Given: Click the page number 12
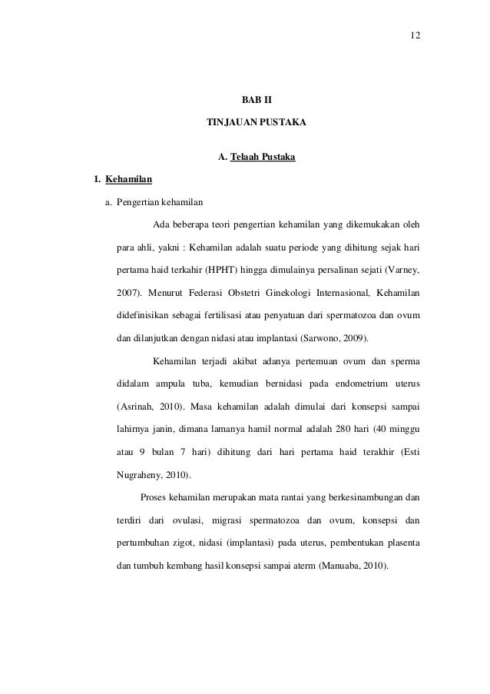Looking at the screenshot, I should (x=416, y=36).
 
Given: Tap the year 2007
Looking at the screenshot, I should (x=127, y=293).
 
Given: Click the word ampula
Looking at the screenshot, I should (x=173, y=383).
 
